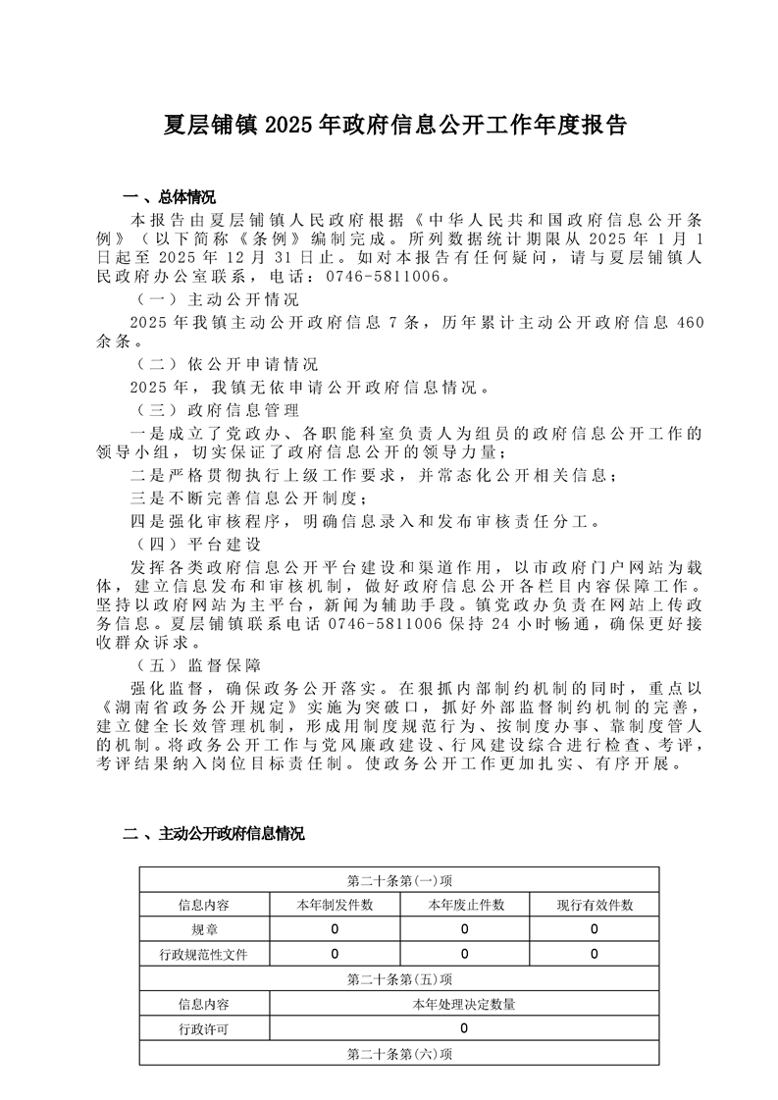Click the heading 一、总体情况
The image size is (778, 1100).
coord(168,196)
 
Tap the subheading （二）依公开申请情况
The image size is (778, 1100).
coord(226,364)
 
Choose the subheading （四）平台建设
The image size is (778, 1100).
coord(196,544)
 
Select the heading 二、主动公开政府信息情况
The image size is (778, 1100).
coord(213,835)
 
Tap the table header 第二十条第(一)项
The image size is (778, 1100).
coord(399,880)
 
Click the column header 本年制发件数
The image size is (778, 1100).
coord(335,905)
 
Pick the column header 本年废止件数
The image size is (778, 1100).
coord(464,905)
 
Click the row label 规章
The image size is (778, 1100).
coord(204,929)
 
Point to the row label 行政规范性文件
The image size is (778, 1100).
coord(204,954)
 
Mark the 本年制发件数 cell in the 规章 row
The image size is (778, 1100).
coord(335,929)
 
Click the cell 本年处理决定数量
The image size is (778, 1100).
coord(464,1004)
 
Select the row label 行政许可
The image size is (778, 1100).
coord(204,1029)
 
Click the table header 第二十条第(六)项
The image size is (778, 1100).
coord(399,1054)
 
